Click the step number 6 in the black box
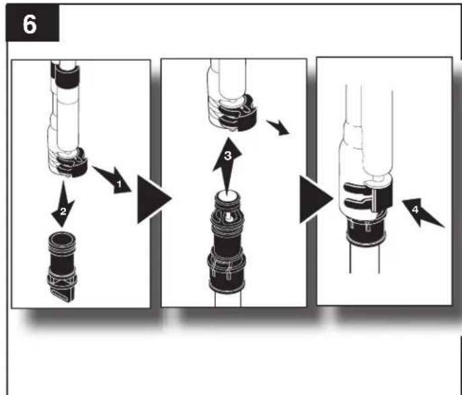point(30,24)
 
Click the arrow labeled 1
point(113,180)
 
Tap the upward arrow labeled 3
point(227,165)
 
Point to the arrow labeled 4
point(422,212)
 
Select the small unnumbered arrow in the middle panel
point(278,127)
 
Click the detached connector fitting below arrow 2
point(62,266)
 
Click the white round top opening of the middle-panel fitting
point(227,196)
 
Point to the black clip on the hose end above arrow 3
point(239,114)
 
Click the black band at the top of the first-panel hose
point(67,76)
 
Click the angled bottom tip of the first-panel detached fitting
point(61,296)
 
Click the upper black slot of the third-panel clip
point(355,188)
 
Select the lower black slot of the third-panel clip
point(355,203)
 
